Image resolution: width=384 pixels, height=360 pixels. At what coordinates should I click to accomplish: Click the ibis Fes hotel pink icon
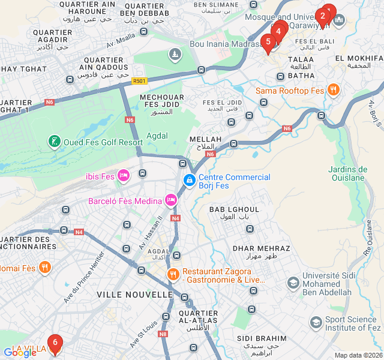tap(124, 176)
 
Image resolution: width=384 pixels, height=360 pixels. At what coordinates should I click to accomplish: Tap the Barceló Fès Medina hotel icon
tap(171, 200)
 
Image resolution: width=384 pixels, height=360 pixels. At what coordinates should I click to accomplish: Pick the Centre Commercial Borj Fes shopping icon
tap(189, 180)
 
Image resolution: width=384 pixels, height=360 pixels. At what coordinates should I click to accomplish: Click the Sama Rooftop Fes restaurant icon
tap(333, 91)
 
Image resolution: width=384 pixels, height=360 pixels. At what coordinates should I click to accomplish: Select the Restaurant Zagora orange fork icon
tap(173, 274)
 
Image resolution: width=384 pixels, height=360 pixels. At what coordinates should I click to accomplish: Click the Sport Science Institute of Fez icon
tap(316, 323)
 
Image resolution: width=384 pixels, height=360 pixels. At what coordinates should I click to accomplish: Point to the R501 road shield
tap(139, 80)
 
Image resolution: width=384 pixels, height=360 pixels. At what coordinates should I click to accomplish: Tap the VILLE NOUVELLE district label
tap(134, 295)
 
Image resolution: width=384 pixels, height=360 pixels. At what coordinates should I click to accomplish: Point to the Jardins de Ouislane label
tap(347, 173)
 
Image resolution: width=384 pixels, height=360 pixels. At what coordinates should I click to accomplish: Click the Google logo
tap(20, 353)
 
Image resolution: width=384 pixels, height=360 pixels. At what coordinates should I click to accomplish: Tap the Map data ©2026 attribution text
tap(358, 355)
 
